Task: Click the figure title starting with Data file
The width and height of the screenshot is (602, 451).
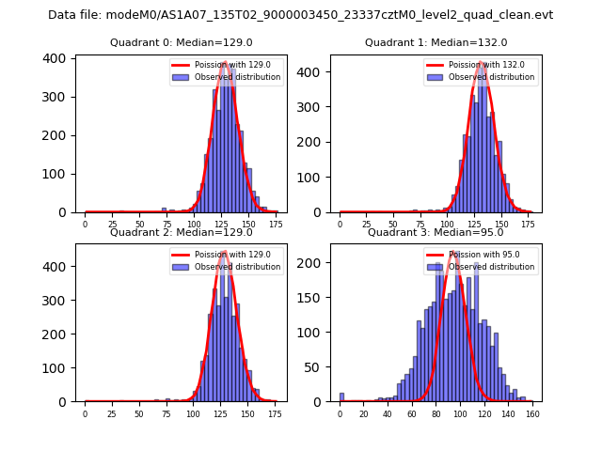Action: [x=300, y=15]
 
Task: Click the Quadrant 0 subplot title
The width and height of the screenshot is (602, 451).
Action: [x=181, y=42]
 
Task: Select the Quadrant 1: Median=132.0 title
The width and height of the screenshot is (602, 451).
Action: [x=436, y=42]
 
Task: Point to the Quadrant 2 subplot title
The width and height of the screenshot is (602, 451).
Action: [x=181, y=232]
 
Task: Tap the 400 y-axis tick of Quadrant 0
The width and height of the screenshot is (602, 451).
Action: [x=58, y=58]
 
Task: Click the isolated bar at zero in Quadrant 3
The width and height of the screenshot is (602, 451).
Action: [x=341, y=397]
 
